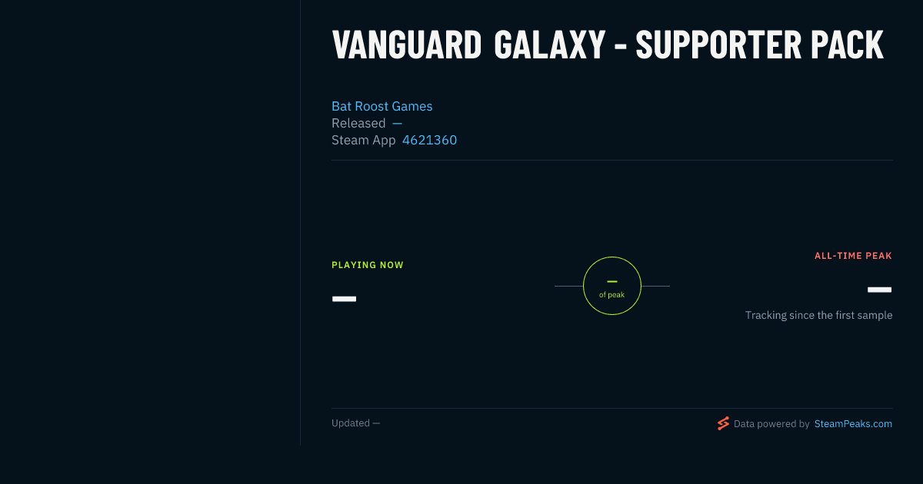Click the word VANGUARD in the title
(407, 45)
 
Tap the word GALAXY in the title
(550, 45)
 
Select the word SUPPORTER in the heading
(718, 45)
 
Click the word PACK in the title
(847, 45)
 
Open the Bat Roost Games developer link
(382, 106)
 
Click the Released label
(358, 123)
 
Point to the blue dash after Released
(397, 123)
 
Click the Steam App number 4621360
(429, 140)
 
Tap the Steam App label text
(363, 141)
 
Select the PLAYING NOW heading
(368, 265)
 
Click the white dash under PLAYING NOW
(344, 299)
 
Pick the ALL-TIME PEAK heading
(853, 256)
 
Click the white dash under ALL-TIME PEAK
(879, 290)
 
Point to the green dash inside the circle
(612, 281)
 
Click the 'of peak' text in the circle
(612, 295)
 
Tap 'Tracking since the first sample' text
(818, 315)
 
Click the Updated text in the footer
(355, 423)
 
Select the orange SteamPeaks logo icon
(723, 423)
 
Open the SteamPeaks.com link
(853, 424)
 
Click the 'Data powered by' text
(771, 424)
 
